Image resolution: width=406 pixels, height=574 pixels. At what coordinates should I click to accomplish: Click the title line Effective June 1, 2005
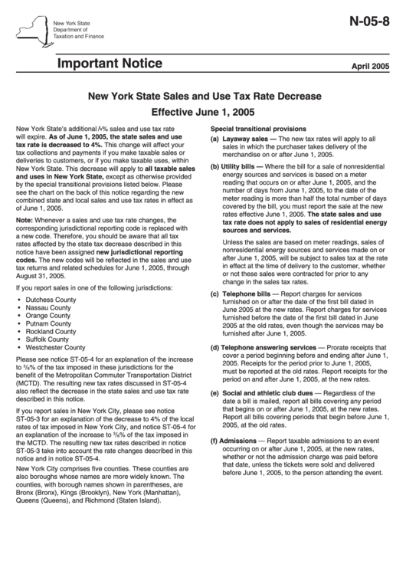[x=202, y=112]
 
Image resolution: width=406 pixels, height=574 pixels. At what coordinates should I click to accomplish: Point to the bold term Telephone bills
[x=247, y=294]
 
